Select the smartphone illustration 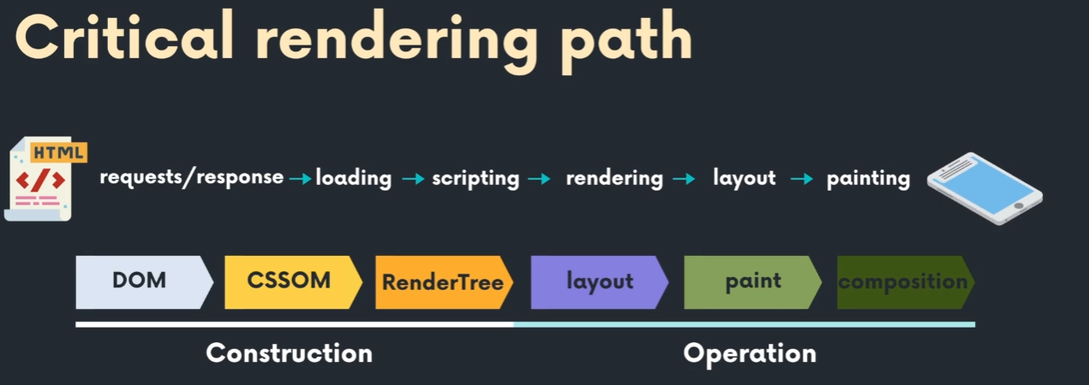984,187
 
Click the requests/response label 191,177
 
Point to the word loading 354,178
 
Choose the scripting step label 476,178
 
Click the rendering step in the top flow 614,178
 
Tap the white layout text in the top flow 744,178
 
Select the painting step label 868,178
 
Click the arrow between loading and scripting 413,179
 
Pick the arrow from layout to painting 801,179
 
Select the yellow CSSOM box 290,281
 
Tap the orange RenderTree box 443,281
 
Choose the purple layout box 598,281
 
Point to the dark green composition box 903,281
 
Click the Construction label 290,352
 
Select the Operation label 750,352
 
